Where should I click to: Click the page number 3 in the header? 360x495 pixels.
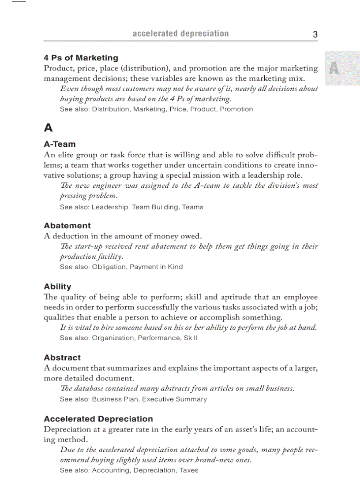315,34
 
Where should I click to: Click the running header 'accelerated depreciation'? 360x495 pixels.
180,34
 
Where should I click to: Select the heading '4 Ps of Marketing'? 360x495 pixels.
81,58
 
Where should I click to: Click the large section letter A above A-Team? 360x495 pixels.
49,128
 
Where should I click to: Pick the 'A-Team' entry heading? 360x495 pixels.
60,144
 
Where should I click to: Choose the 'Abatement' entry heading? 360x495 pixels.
67,226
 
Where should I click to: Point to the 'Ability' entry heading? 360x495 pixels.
57,287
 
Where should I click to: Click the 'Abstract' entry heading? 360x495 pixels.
62,357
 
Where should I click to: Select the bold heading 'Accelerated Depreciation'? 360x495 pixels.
98,419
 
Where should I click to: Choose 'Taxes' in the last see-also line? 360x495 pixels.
189,470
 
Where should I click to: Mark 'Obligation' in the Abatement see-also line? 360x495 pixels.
109,267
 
